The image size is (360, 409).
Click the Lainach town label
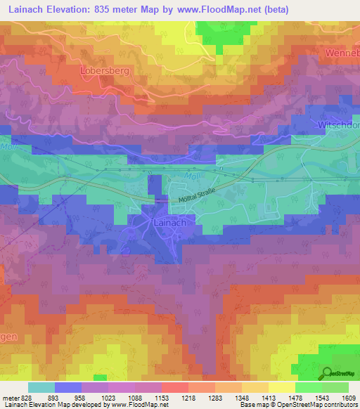click(169, 222)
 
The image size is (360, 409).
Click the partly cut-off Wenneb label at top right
click(342, 53)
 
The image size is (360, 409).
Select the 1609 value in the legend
click(348, 397)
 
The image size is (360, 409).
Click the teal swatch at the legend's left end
click(41, 387)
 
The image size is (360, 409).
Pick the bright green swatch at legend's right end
click(335, 387)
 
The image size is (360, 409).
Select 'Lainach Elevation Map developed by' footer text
click(46, 405)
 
